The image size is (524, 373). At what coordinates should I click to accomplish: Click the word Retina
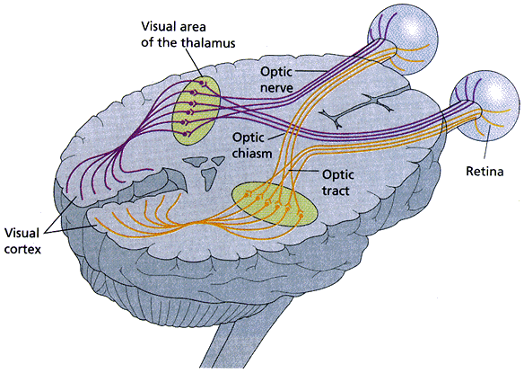pyautogui.click(x=485, y=172)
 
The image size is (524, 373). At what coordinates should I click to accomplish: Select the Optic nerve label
pyautogui.click(x=276, y=79)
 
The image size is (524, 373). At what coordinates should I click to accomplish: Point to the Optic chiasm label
pyautogui.click(x=252, y=146)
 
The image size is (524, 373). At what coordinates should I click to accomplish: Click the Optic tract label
pyautogui.click(x=338, y=182)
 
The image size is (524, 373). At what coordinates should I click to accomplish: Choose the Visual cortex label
pyautogui.click(x=22, y=241)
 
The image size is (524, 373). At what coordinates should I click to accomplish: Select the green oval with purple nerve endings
pyautogui.click(x=196, y=111)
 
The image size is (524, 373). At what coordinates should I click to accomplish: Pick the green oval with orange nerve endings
pyautogui.click(x=275, y=205)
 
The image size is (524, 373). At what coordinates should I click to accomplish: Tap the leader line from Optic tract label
pyautogui.click(x=304, y=171)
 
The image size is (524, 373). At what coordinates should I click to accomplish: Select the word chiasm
pyautogui.click(x=252, y=154)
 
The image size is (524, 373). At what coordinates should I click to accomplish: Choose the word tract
pyautogui.click(x=336, y=191)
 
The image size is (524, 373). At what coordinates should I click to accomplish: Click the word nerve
pyautogui.click(x=276, y=88)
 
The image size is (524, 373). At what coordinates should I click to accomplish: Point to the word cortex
pyautogui.click(x=22, y=250)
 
